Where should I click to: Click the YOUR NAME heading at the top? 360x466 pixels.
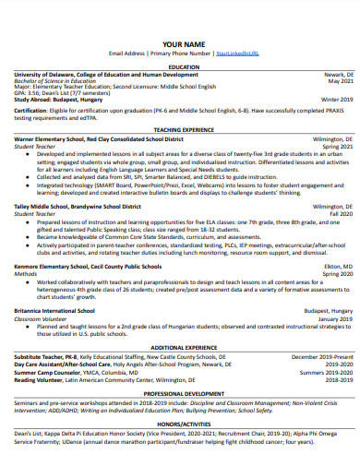click(x=184, y=43)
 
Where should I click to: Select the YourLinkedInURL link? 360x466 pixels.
click(x=237, y=54)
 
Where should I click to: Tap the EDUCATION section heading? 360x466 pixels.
click(x=183, y=66)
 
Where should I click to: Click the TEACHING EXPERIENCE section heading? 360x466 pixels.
click(x=183, y=130)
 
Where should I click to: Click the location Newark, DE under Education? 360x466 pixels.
click(x=336, y=74)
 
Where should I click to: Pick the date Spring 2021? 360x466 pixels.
click(x=335, y=145)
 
